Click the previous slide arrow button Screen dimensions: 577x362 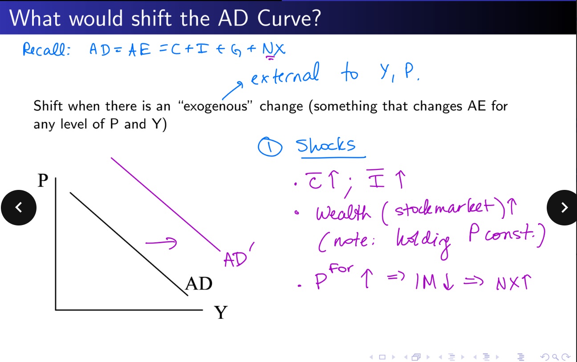pyautogui.click(x=19, y=208)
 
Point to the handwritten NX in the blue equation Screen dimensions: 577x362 pyautogui.click(x=274, y=49)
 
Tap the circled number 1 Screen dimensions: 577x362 pyautogui.click(x=270, y=147)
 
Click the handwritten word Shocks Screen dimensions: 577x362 pyautogui.click(x=325, y=145)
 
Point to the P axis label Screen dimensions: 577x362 pyautogui.click(x=43, y=180)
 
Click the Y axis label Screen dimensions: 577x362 pyautogui.click(x=221, y=312)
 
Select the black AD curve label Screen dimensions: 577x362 pyautogui.click(x=199, y=284)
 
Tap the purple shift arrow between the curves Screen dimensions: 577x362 pyautogui.click(x=161, y=243)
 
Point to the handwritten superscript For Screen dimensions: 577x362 pyautogui.click(x=341, y=268)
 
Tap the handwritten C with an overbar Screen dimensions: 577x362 pyautogui.click(x=314, y=181)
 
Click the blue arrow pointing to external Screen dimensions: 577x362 pyautogui.click(x=232, y=90)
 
